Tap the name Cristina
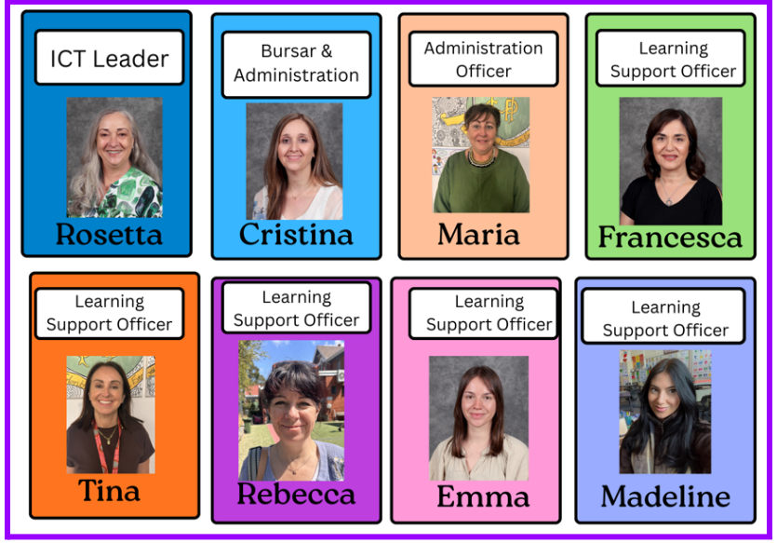tap(296, 234)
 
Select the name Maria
tap(478, 234)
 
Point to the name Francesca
tap(670, 238)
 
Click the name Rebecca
tap(296, 494)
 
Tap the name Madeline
tap(665, 495)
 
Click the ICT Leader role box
tap(110, 59)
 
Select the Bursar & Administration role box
tap(296, 64)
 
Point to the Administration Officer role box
tap(483, 60)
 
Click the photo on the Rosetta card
tap(114, 157)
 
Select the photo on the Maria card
tap(481, 155)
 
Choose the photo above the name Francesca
tap(670, 161)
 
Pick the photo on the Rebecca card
tap(291, 410)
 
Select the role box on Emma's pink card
tap(483, 314)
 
